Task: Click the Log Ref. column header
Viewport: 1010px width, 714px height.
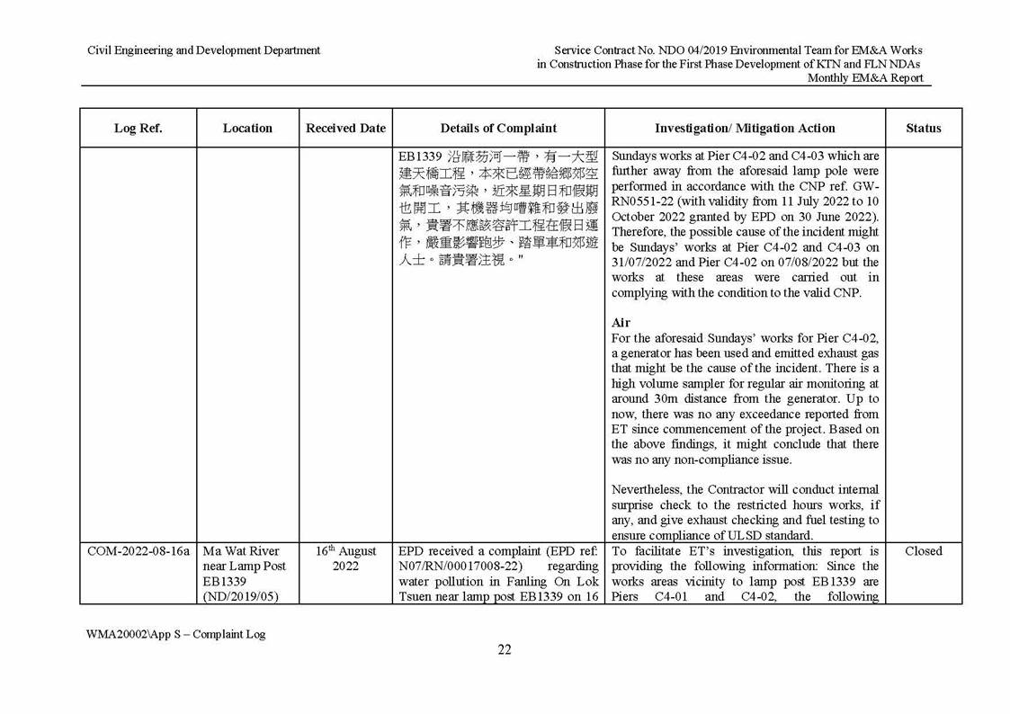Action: pyautogui.click(x=138, y=129)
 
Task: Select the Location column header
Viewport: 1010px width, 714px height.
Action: pyautogui.click(x=247, y=129)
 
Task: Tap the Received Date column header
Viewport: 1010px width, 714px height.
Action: pyautogui.click(x=345, y=129)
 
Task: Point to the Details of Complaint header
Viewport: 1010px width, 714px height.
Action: pyautogui.click(x=499, y=129)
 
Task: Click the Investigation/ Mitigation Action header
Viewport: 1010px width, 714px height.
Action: pyautogui.click(x=745, y=129)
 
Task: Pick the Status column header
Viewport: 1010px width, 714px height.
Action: pyautogui.click(x=923, y=129)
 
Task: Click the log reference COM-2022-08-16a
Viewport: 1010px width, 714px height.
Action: pyautogui.click(x=139, y=551)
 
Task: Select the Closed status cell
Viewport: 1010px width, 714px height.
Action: pyautogui.click(x=923, y=551)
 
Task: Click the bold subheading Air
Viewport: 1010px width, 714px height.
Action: pyautogui.click(x=619, y=322)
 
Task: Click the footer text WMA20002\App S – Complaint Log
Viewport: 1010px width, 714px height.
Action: pyautogui.click(x=176, y=634)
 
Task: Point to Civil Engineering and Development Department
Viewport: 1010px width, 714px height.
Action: pyautogui.click(x=203, y=50)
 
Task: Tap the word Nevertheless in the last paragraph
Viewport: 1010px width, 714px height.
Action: pyautogui.click(x=646, y=489)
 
